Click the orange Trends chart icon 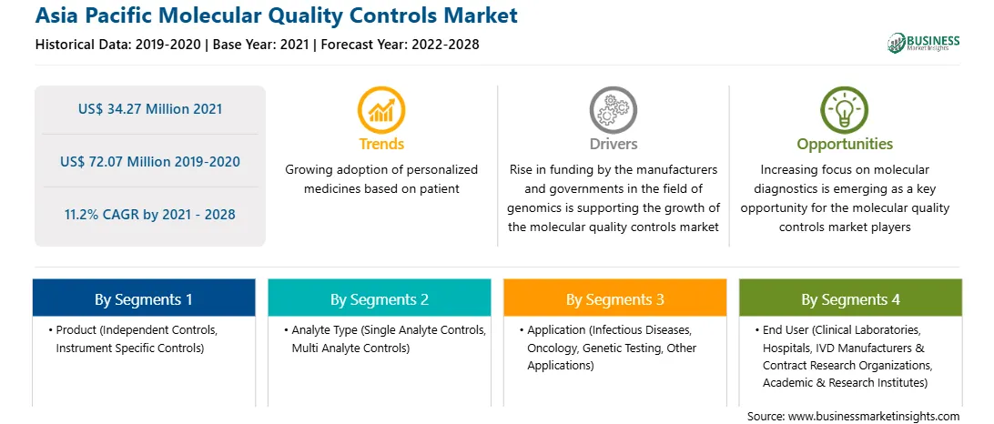pos(381,110)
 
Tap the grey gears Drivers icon pos(613,110)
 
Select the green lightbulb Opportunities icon pos(845,110)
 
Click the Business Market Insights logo pos(924,43)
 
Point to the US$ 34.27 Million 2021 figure pos(150,109)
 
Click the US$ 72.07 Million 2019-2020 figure pos(150,162)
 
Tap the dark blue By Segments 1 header pos(143,298)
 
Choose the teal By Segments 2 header pos(379,298)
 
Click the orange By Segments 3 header pos(615,298)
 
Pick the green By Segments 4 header pos(851,298)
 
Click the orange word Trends pos(381,144)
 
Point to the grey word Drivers pos(613,144)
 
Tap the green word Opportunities pos(845,145)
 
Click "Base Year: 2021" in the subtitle pos(261,45)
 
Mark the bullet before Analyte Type pos(286,331)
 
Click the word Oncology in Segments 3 pos(552,348)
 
